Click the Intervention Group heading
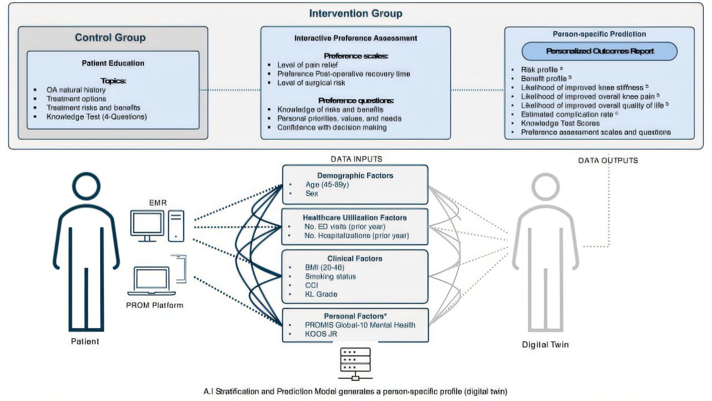click(x=355, y=13)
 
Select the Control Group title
click(x=110, y=38)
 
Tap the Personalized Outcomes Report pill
click(x=599, y=51)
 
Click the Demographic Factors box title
click(x=355, y=175)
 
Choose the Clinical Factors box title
click(x=355, y=258)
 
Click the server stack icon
click(x=355, y=364)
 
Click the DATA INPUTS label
click(x=356, y=159)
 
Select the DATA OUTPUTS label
click(x=608, y=160)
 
